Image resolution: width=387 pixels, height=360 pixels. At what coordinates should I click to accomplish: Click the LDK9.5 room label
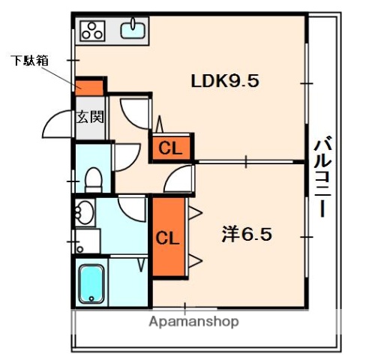click(224, 81)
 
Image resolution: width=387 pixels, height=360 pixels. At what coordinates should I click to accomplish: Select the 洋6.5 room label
click(245, 234)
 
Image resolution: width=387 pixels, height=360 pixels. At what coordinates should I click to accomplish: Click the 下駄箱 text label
click(29, 60)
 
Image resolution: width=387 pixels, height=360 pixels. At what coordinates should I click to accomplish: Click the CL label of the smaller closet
click(171, 148)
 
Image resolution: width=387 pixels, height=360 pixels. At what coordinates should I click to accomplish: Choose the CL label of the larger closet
click(167, 238)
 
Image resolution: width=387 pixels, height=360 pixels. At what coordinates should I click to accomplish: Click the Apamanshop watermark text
click(193, 322)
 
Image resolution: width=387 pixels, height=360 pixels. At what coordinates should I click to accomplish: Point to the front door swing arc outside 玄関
click(57, 124)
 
